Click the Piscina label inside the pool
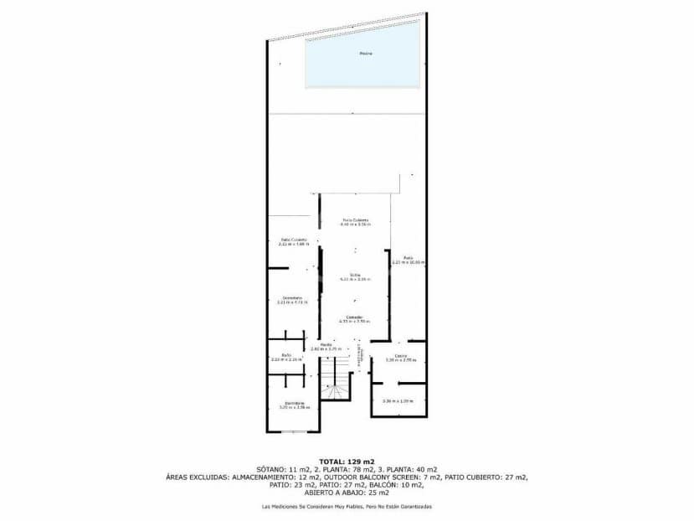365,54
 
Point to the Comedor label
355,316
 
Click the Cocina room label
401,355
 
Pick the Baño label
285,354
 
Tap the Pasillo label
326,344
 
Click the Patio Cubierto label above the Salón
355,220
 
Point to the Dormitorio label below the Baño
293,404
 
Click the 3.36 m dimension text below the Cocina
398,400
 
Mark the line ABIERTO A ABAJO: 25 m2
347,493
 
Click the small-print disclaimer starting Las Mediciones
347,506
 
